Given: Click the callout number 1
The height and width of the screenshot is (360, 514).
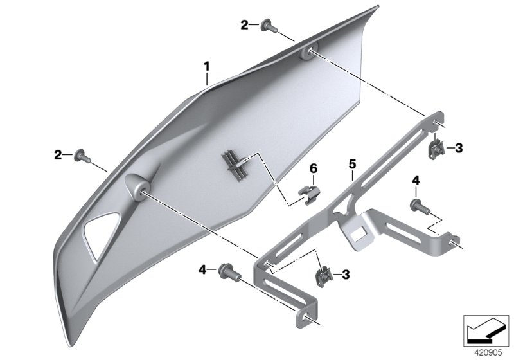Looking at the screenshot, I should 207,66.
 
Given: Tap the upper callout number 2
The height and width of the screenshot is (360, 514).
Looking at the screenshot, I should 245,25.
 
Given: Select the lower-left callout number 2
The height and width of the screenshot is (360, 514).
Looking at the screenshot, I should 58,154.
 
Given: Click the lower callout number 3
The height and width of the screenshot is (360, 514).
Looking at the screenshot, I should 346,275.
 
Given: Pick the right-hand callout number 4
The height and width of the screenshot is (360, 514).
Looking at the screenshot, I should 416,181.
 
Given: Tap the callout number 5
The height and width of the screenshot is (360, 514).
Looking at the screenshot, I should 352,164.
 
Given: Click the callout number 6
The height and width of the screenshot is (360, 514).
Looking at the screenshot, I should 314,168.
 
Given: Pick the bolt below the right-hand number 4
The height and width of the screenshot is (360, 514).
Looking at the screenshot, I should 418,205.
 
